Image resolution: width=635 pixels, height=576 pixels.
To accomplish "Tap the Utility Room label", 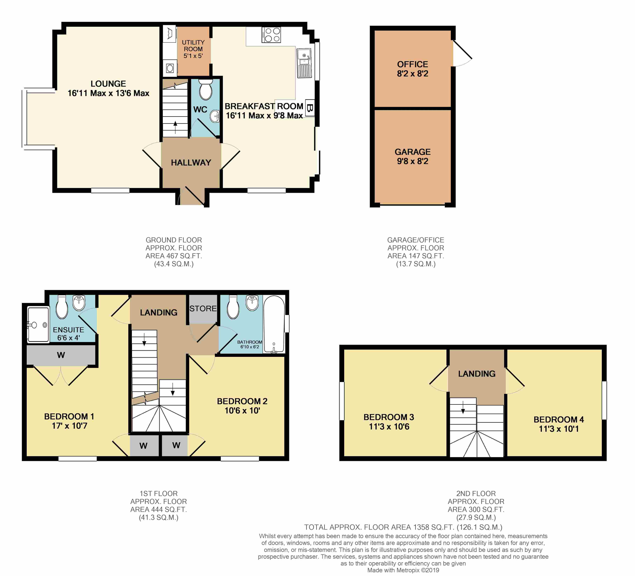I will click(x=193, y=46).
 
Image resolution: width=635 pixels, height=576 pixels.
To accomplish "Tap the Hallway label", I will click(x=191, y=163).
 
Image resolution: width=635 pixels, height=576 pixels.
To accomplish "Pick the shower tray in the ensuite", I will click(x=38, y=324).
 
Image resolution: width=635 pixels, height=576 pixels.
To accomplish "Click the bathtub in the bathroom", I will click(x=274, y=324).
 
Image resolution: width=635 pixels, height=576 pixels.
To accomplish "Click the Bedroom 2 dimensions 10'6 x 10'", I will click(x=242, y=411).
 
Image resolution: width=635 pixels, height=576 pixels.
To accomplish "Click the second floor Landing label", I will click(x=477, y=374).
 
